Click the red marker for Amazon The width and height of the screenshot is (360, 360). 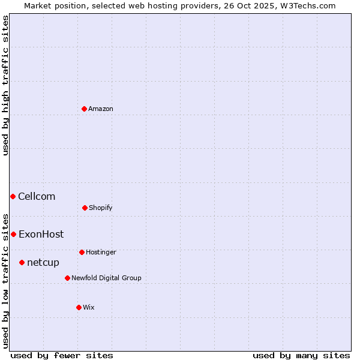(x=85, y=109)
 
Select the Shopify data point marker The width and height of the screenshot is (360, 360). (x=85, y=208)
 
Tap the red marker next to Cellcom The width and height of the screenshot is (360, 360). (x=13, y=196)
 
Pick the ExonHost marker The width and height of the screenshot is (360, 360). (x=13, y=234)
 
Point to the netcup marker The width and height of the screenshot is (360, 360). (x=22, y=262)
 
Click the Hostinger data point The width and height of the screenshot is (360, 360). (x=82, y=252)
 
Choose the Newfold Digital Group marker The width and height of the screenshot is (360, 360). (x=67, y=278)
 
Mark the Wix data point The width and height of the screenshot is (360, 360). (x=79, y=307)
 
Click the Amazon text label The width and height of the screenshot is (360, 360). (x=101, y=109)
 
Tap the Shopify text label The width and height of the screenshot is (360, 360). (x=101, y=208)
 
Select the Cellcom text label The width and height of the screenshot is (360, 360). (x=37, y=196)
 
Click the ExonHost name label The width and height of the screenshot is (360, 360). (x=41, y=234)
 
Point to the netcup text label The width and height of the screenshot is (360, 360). (x=43, y=263)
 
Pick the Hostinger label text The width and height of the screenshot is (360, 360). (x=101, y=252)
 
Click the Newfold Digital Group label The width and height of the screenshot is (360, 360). (x=106, y=278)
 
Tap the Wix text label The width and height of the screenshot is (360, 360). (x=89, y=307)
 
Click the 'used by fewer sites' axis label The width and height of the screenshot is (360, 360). (x=62, y=355)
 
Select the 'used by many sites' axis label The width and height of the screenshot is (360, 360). (x=301, y=355)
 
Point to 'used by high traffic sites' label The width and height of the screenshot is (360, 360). (x=5, y=85)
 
